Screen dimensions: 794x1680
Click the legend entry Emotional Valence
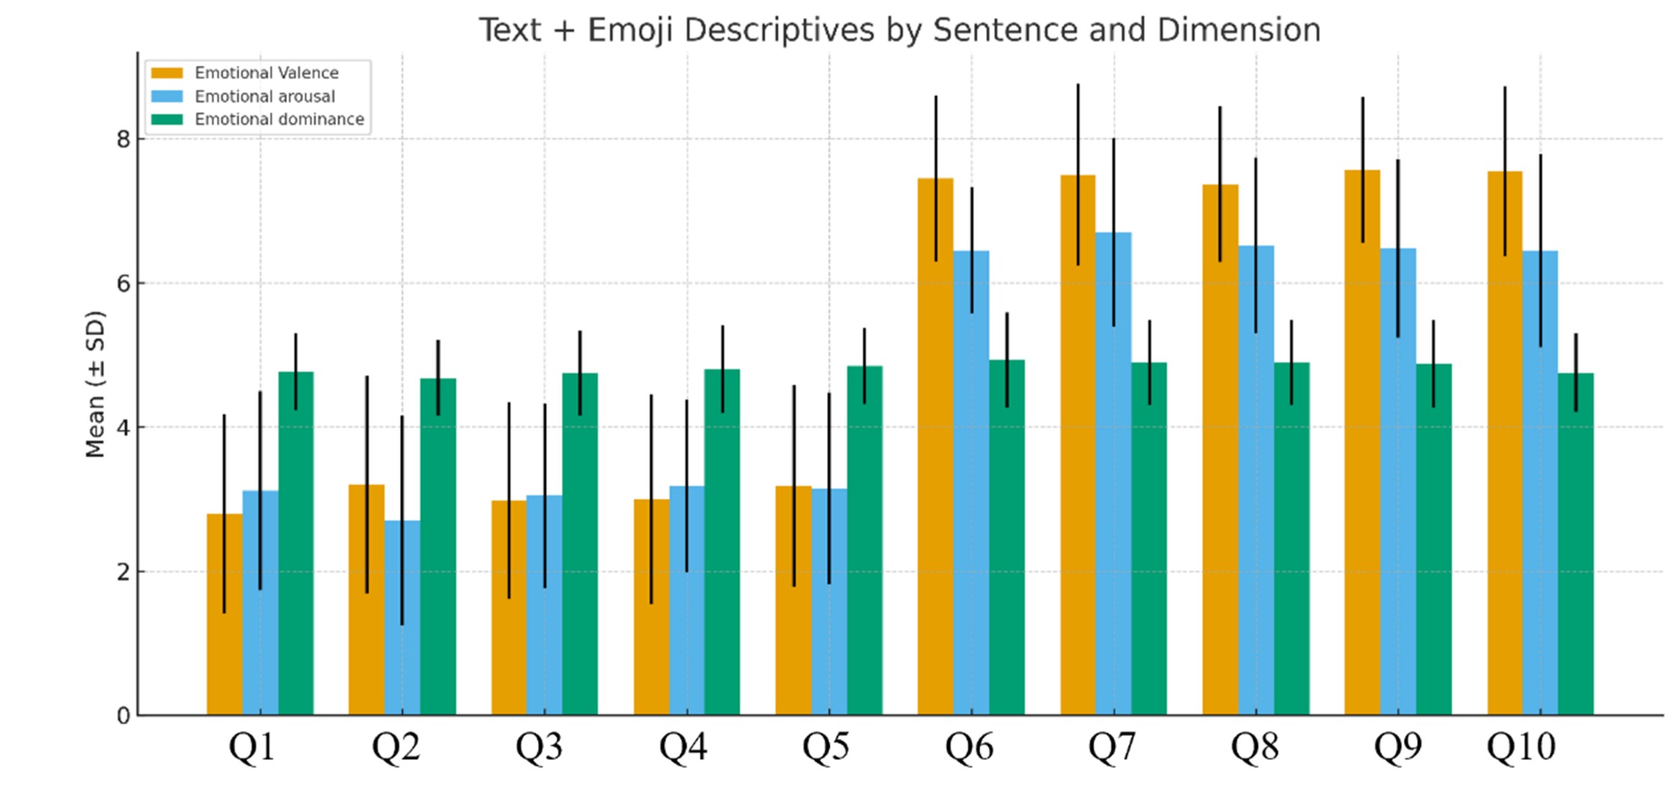(x=266, y=73)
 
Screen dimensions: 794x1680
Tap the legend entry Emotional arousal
(x=264, y=96)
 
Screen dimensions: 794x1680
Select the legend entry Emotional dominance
(x=279, y=119)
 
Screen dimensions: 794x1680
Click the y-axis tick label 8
(x=123, y=139)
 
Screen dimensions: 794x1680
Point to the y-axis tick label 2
(x=123, y=572)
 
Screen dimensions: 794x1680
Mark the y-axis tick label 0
(x=123, y=716)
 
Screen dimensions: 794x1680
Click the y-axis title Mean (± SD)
(x=95, y=384)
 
